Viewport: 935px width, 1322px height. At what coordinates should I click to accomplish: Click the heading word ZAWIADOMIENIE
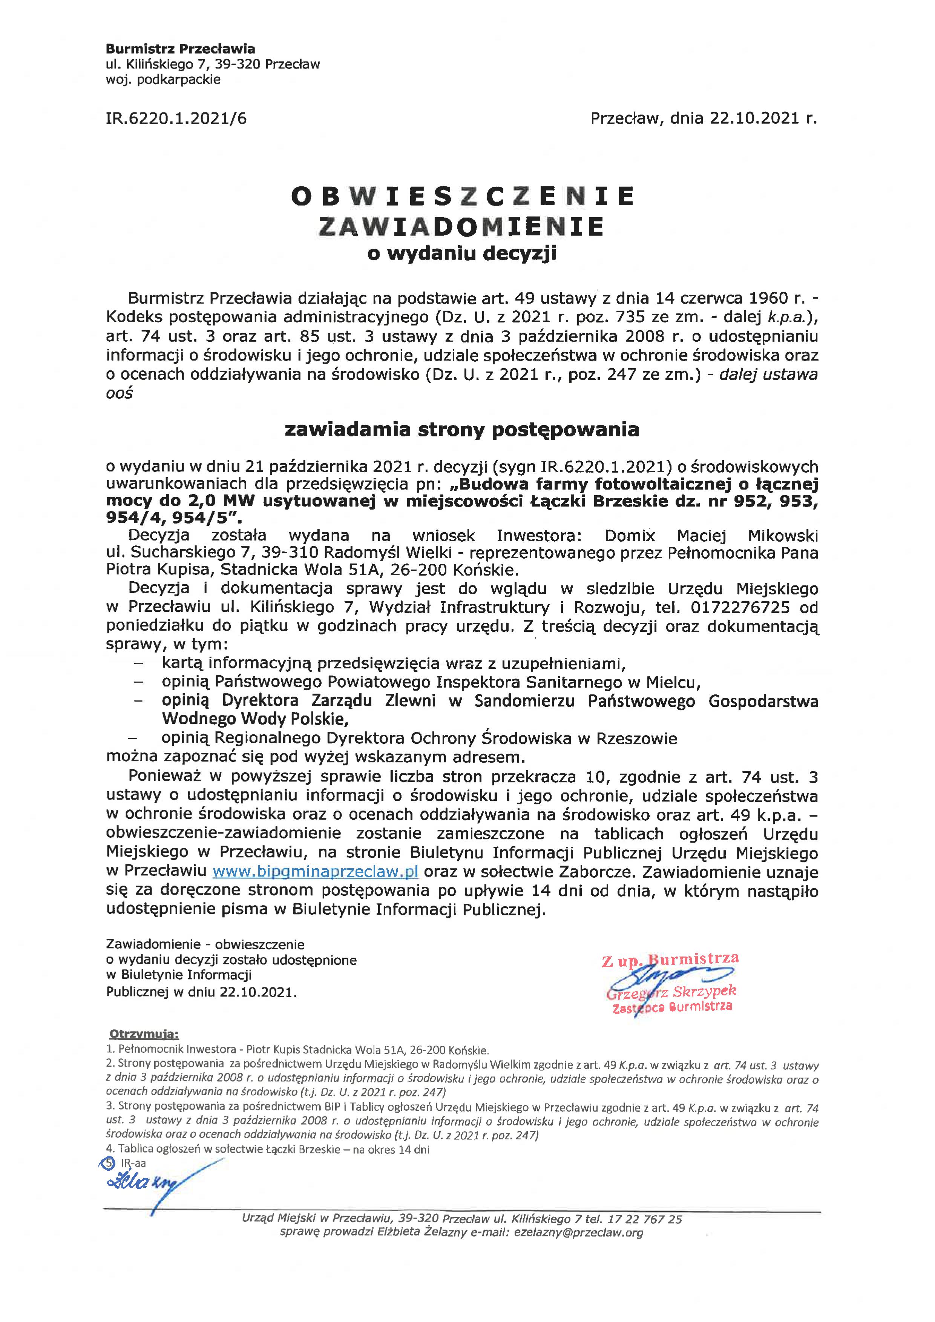tap(461, 226)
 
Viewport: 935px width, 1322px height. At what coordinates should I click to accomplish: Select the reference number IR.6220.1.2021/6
tap(176, 119)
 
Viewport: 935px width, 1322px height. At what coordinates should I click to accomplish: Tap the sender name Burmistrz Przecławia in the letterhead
tap(180, 49)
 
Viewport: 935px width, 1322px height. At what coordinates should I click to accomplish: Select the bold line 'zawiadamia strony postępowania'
tap(462, 429)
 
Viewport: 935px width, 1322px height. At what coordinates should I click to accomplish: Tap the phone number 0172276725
tap(739, 607)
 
